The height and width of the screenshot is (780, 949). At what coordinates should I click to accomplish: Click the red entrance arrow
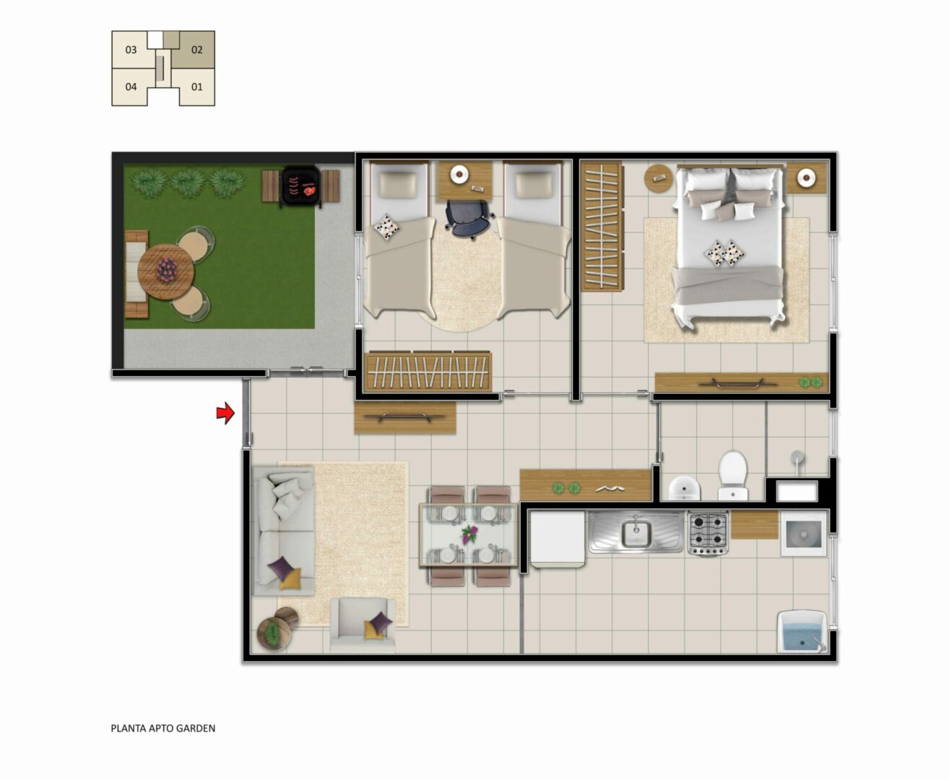(226, 412)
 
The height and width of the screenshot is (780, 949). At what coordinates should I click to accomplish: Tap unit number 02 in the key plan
(197, 50)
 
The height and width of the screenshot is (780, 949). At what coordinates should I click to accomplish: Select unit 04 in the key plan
(131, 87)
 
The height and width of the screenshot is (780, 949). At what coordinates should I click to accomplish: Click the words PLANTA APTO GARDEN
(163, 728)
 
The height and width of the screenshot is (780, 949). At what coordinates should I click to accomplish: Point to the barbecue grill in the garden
(300, 186)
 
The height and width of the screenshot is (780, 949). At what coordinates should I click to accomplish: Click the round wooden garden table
(165, 272)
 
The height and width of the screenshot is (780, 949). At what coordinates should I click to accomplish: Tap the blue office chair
(469, 218)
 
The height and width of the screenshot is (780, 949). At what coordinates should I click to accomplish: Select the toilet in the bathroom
(732, 474)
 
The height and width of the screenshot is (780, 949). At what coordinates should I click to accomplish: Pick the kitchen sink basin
(636, 533)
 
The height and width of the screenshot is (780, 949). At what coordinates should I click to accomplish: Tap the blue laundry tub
(802, 630)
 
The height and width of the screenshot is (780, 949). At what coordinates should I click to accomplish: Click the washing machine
(804, 533)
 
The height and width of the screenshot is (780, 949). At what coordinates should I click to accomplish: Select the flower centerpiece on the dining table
(469, 534)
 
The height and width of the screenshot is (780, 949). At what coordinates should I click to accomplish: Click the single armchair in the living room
(363, 625)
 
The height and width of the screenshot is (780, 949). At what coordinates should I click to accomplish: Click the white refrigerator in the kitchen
(558, 538)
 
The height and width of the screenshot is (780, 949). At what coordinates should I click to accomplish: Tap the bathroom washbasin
(684, 487)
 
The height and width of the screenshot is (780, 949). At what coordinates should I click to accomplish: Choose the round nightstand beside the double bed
(659, 178)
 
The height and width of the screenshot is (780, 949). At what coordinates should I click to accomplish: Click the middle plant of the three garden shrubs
(188, 183)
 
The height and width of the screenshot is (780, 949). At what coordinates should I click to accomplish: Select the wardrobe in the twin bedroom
(428, 371)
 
